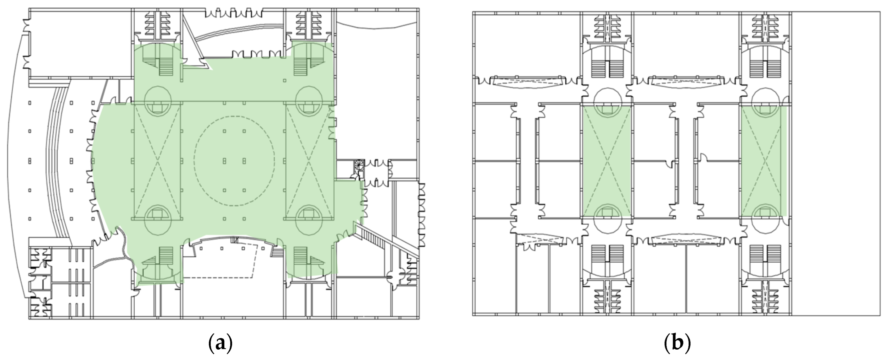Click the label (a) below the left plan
221,343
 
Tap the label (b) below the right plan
677,343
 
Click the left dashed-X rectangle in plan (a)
157,161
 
